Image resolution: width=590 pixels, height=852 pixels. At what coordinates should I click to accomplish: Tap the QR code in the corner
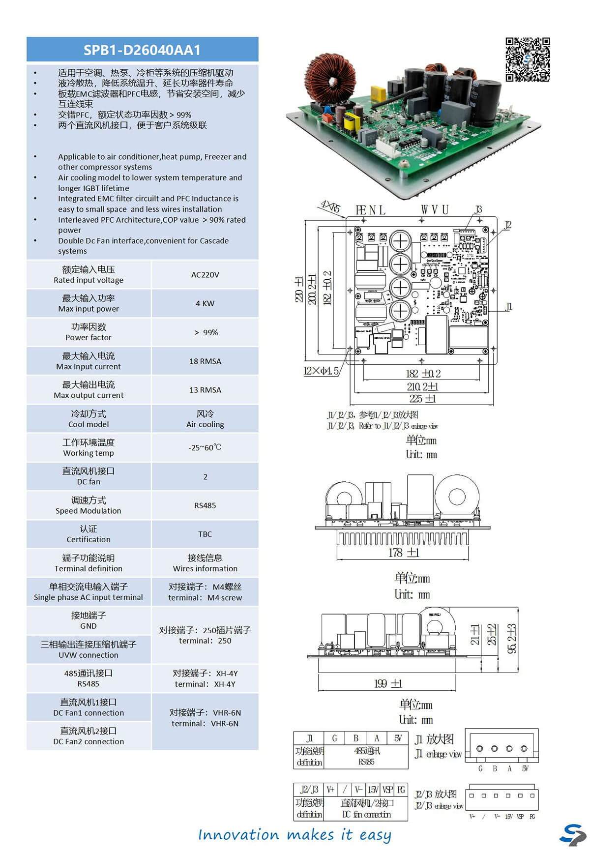click(x=528, y=59)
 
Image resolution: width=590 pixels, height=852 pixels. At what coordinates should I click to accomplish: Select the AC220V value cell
click(x=205, y=275)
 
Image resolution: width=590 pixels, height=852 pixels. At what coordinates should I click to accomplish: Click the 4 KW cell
click(x=205, y=303)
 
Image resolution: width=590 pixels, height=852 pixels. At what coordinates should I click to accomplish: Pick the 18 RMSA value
click(x=205, y=361)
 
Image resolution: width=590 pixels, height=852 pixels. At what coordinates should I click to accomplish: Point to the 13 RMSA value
click(x=205, y=390)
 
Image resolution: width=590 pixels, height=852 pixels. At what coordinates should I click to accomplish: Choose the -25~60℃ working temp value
click(x=205, y=447)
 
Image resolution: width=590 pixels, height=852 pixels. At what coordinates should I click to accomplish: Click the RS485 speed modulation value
click(x=205, y=505)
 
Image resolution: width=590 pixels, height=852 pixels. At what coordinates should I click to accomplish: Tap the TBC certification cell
click(x=205, y=534)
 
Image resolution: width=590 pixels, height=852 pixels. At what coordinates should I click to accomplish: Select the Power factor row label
click(x=88, y=332)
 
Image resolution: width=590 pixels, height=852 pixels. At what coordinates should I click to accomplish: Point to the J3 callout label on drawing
click(x=478, y=210)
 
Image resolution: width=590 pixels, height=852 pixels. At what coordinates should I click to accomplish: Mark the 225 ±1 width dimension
click(x=422, y=398)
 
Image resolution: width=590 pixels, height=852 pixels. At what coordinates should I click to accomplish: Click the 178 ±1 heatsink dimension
click(x=403, y=553)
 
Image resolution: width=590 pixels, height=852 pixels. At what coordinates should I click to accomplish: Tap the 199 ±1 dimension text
click(x=388, y=683)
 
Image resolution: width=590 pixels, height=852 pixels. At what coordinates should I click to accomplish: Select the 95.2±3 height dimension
click(x=512, y=639)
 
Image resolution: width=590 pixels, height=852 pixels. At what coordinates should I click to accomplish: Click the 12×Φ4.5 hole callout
click(x=321, y=371)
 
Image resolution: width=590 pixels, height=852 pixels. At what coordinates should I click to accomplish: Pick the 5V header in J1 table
click(x=398, y=738)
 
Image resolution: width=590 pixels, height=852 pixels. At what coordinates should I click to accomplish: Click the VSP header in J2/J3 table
click(x=387, y=790)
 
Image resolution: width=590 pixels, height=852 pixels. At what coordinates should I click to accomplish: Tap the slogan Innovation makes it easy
click(x=295, y=834)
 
